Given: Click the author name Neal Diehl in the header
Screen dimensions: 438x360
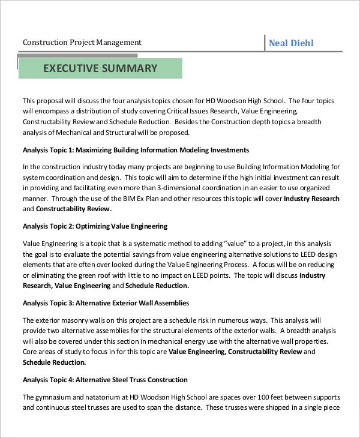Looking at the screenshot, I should pyautogui.click(x=291, y=43).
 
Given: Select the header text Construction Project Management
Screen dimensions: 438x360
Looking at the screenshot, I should pyautogui.click(x=82, y=43).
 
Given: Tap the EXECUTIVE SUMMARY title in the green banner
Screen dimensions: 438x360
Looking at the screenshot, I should pyautogui.click(x=100, y=68).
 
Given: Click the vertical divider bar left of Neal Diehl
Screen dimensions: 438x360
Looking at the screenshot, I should pyautogui.click(x=265, y=43).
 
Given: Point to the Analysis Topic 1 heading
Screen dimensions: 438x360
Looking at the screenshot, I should pyautogui.click(x=136, y=150).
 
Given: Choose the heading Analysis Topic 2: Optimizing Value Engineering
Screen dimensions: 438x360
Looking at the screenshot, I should pyautogui.click(x=95, y=226).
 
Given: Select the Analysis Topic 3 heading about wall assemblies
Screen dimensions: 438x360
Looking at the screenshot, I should pyautogui.click(x=106, y=303).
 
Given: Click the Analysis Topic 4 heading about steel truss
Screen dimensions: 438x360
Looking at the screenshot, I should pyautogui.click(x=105, y=380).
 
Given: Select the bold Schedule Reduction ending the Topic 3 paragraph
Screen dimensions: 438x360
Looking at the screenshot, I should pyautogui.click(x=54, y=362).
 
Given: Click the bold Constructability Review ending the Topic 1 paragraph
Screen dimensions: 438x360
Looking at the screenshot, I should pyautogui.click(x=74, y=209).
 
